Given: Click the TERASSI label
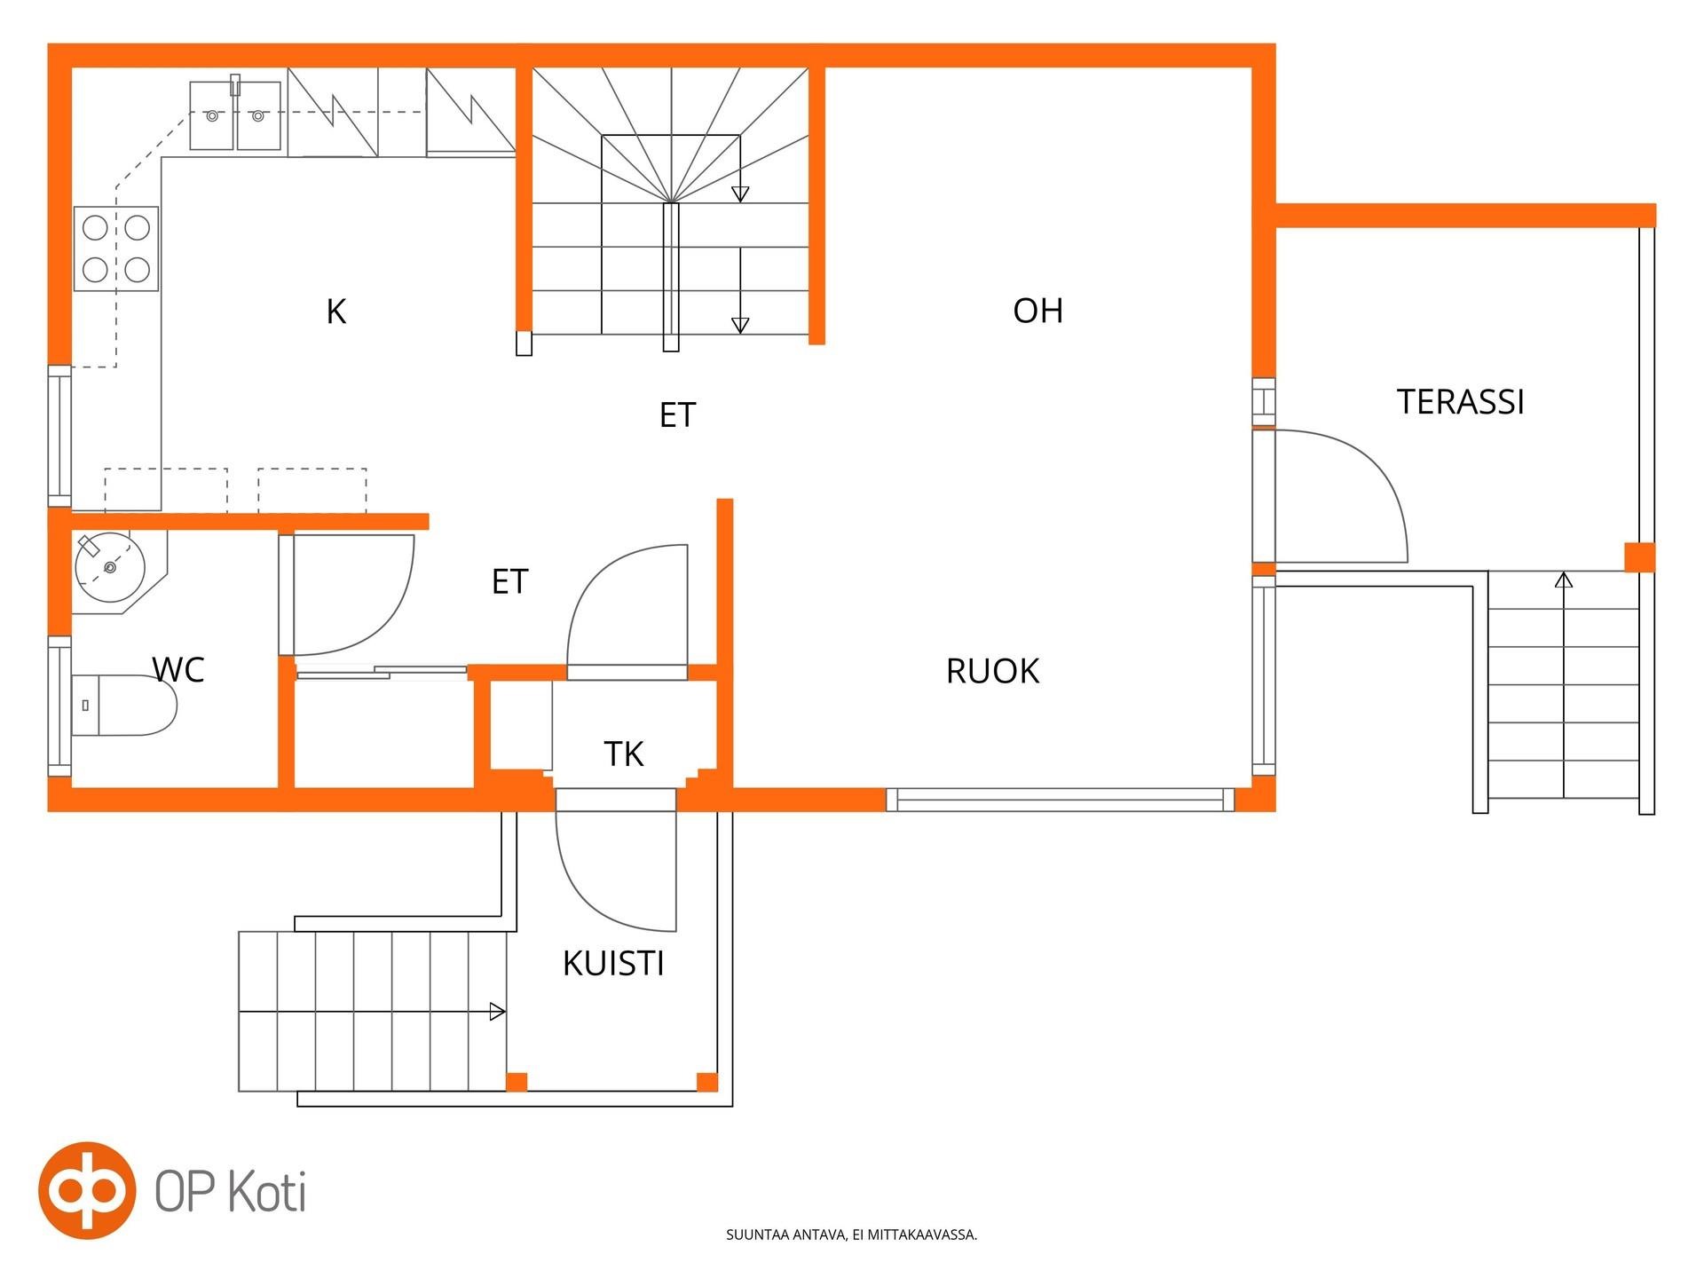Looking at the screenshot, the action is (x=1461, y=402).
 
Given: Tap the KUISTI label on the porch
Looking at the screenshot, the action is (x=613, y=963).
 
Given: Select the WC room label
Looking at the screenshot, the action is (x=178, y=670).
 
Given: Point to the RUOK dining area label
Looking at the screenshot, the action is (x=992, y=671).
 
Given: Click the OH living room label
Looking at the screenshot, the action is (x=1037, y=311).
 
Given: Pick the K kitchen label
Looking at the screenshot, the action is (x=335, y=312).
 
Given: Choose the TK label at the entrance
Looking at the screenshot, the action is (x=623, y=753).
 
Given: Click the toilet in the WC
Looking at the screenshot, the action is (x=124, y=706).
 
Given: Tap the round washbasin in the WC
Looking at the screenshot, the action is (x=110, y=566).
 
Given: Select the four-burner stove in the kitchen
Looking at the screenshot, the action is (x=116, y=248).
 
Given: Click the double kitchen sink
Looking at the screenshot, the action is (x=235, y=115).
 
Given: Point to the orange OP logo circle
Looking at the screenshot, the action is (x=87, y=1190).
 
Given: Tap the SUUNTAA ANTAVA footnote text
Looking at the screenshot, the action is (x=851, y=1235).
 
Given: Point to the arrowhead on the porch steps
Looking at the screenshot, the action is (x=499, y=1012).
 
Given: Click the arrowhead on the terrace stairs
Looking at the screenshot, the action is (x=1564, y=580).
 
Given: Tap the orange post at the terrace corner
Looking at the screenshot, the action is (x=1640, y=557).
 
